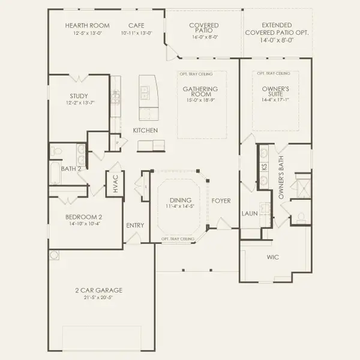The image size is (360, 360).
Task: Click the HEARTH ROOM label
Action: (x=87, y=26)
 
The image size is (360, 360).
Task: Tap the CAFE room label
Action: (x=136, y=26)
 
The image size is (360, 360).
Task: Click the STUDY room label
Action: (x=79, y=96)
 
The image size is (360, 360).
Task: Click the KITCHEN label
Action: (x=146, y=130)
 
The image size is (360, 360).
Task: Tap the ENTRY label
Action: (x=136, y=226)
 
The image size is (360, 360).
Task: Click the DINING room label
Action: (x=181, y=200)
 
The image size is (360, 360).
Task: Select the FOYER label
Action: (x=221, y=201)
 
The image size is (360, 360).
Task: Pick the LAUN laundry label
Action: (x=249, y=213)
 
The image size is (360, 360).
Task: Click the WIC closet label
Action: (x=273, y=257)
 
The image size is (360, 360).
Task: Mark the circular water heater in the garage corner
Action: (x=55, y=255)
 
